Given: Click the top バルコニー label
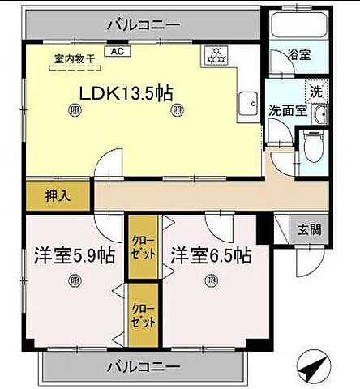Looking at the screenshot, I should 144,25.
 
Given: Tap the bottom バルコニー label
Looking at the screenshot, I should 144,368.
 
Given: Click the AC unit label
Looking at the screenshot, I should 116,52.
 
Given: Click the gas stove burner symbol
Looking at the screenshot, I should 216,56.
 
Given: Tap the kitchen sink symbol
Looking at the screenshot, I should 246,103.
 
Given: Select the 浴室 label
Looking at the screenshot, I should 298,56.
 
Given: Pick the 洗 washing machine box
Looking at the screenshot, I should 316,91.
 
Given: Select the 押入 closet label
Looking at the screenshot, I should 46,195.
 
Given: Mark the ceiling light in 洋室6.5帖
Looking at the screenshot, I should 210,281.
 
